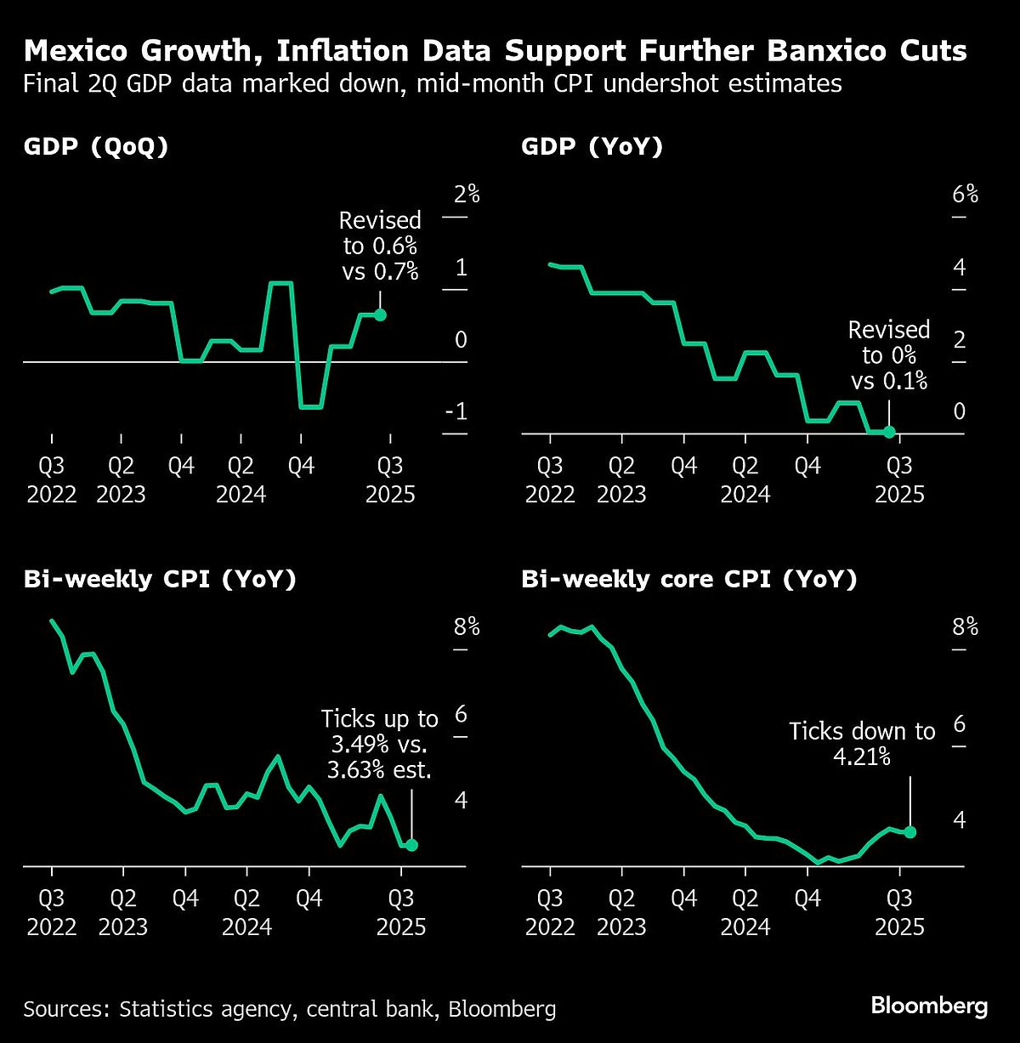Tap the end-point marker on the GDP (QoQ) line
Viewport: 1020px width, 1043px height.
click(x=380, y=315)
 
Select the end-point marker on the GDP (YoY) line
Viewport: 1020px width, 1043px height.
click(x=889, y=432)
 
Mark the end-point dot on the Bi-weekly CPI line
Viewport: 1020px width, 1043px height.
click(x=411, y=845)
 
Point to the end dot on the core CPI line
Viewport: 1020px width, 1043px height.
click(x=910, y=832)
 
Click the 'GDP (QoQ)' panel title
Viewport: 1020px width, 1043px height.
click(x=96, y=147)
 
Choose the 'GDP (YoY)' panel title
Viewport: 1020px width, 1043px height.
click(x=592, y=147)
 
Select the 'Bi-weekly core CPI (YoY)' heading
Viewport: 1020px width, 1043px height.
click(x=689, y=580)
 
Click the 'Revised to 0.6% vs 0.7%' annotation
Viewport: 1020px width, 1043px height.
click(x=380, y=246)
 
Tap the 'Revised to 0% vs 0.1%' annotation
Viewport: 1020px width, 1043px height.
click(x=889, y=354)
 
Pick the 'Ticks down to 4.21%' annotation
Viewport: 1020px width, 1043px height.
click(x=862, y=743)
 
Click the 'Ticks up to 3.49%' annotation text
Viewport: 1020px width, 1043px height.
click(x=380, y=744)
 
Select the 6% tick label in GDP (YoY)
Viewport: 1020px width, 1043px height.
click(x=965, y=195)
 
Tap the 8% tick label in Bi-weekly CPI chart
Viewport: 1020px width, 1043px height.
click(x=467, y=627)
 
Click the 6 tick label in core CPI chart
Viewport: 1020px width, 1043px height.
click(x=960, y=724)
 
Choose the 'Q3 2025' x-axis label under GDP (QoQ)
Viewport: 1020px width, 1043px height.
click(x=390, y=480)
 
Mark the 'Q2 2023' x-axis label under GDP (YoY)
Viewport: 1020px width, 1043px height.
click(x=621, y=480)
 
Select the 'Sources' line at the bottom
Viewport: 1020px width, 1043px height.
click(x=290, y=1009)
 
